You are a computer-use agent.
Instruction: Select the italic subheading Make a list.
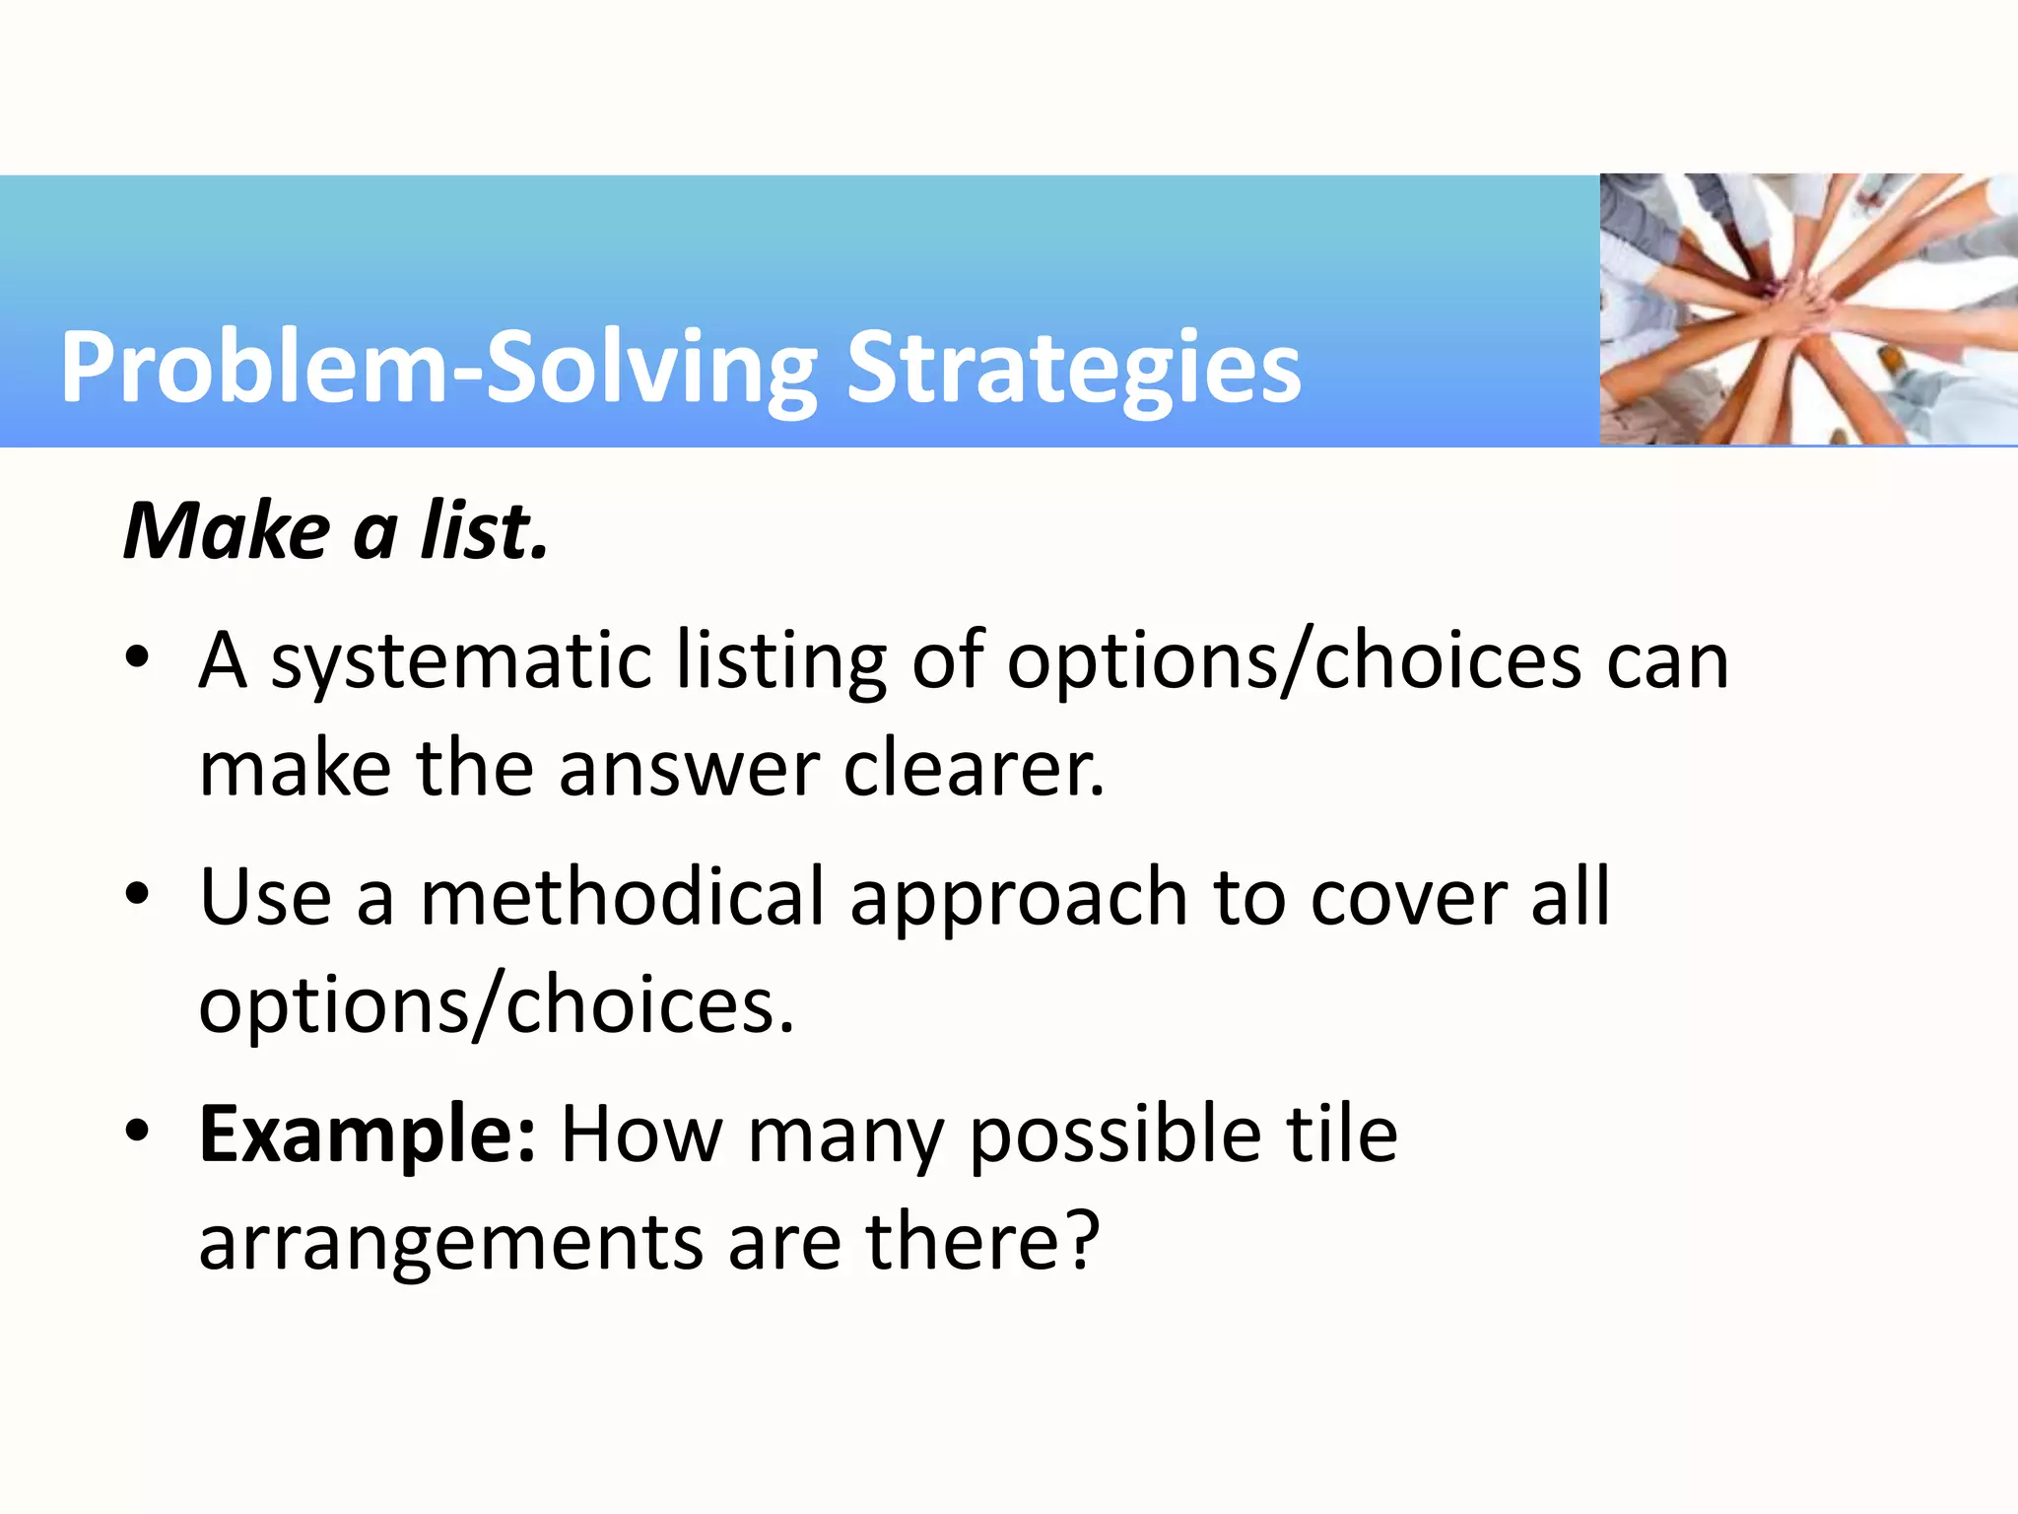(335, 532)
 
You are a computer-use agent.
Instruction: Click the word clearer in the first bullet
(974, 769)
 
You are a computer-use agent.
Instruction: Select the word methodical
(622, 898)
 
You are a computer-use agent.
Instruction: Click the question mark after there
(1083, 1240)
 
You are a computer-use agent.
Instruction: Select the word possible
(1114, 1136)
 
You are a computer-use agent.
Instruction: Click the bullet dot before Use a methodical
(137, 894)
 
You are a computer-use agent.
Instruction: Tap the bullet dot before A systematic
(137, 657)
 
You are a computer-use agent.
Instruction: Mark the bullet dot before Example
(137, 1131)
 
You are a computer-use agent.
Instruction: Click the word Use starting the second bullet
(265, 898)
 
